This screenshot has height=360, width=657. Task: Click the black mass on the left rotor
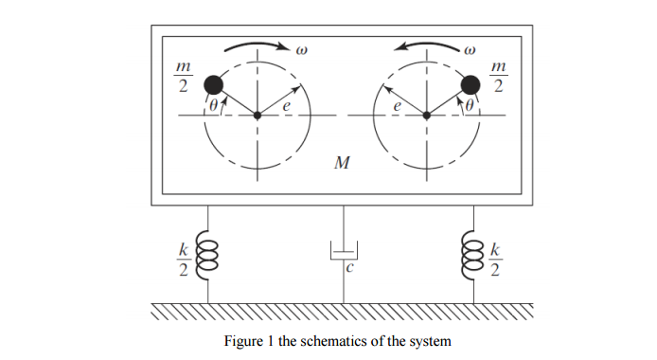click(214, 84)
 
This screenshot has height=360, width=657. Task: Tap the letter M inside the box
click(342, 163)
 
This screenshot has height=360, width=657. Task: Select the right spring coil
click(470, 254)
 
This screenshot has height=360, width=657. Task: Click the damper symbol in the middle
click(342, 251)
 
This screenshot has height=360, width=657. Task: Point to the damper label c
click(348, 268)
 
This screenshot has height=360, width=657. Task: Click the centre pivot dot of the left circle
click(257, 116)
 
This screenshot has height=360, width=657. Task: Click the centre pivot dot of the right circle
click(427, 116)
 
